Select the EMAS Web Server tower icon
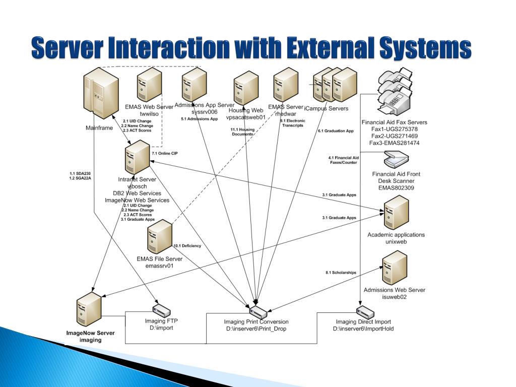coord(149,86)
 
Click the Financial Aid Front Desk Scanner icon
coord(396,161)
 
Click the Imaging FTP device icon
coord(162,312)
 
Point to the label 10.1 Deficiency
coord(187,245)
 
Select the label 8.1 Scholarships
coord(341,273)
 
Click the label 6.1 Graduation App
coord(336,131)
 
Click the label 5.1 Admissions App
coord(199,119)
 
